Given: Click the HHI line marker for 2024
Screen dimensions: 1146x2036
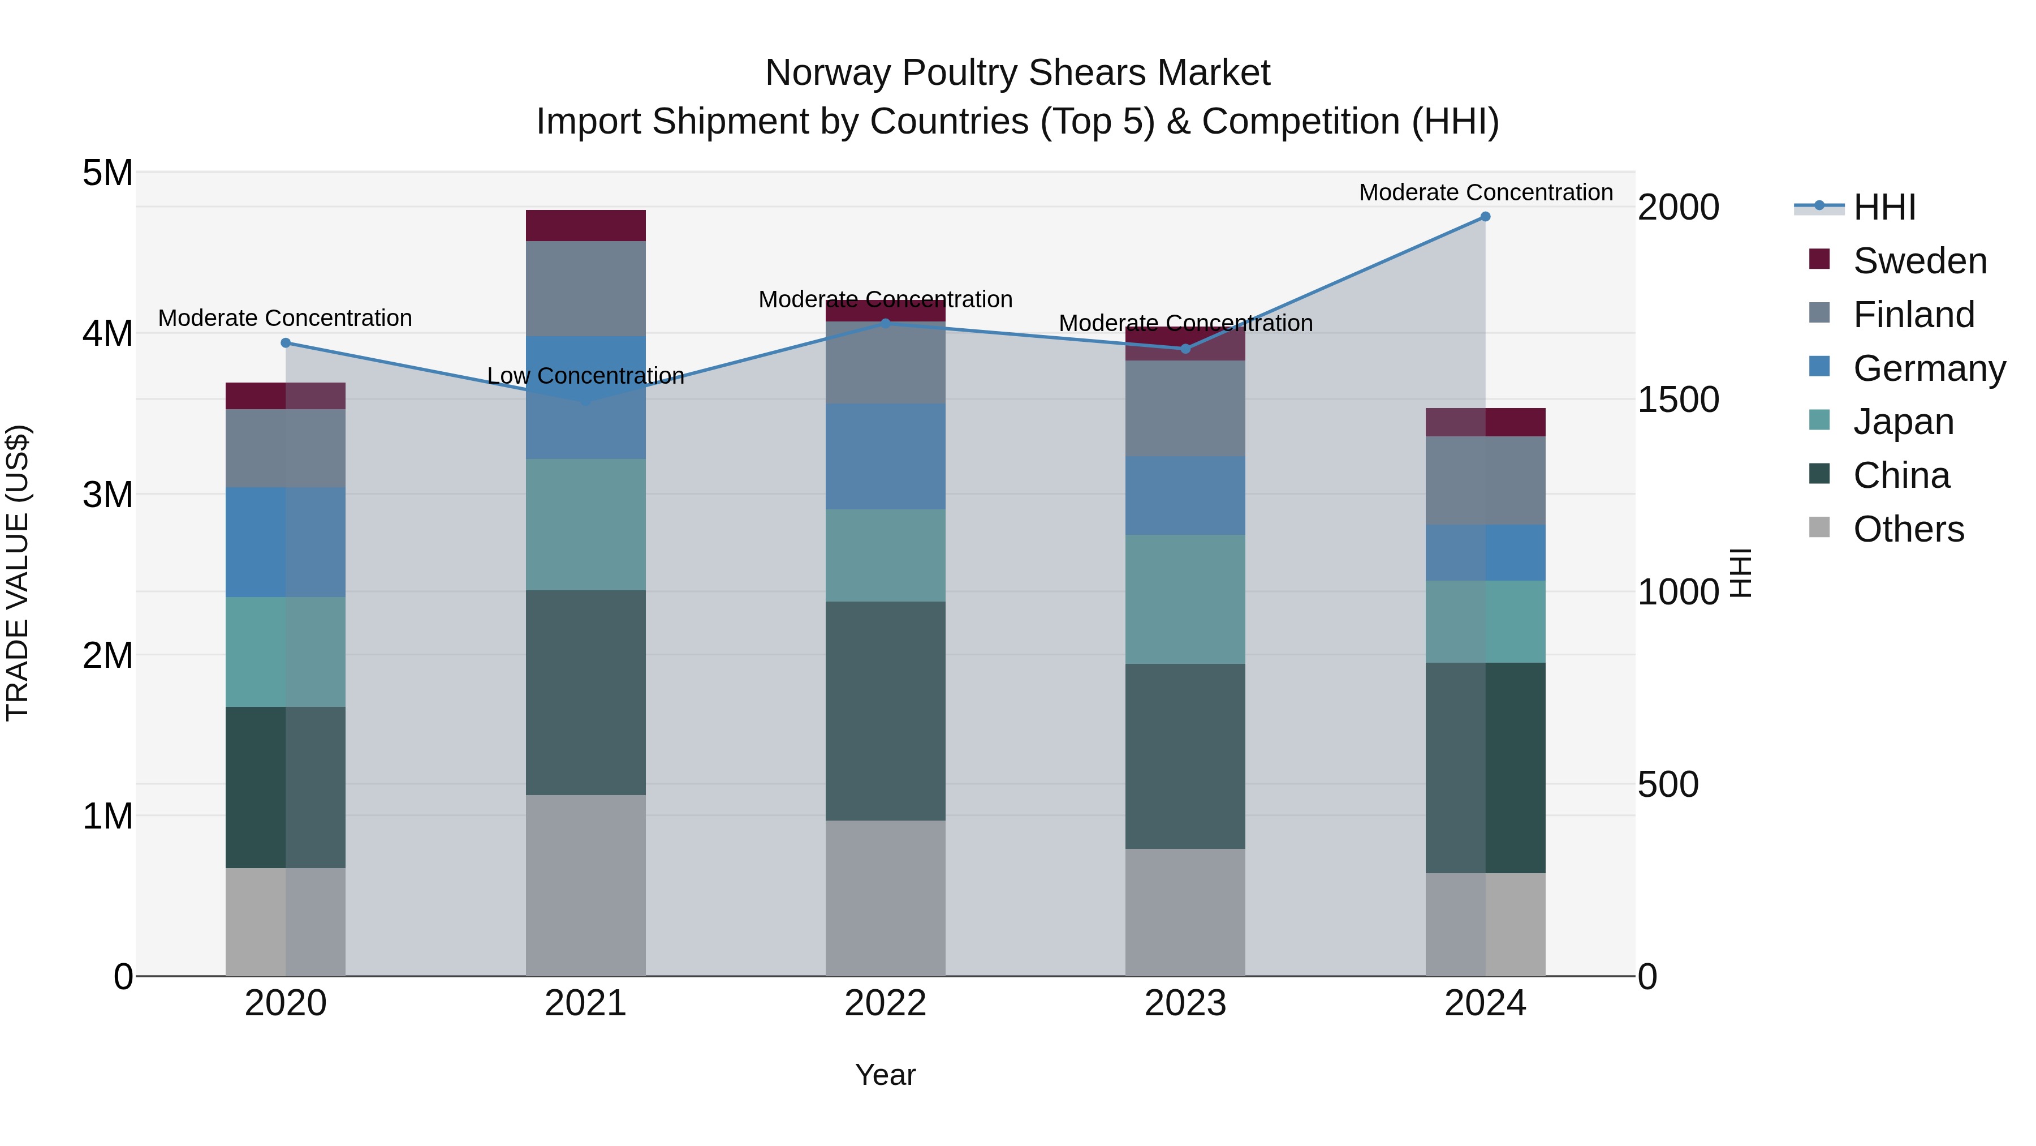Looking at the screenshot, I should click(1485, 217).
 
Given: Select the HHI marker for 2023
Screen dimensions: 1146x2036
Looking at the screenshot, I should click(1185, 349).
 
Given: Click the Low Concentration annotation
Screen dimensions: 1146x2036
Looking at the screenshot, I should click(586, 376).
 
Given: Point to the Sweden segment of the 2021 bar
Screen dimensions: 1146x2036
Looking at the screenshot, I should click(586, 225).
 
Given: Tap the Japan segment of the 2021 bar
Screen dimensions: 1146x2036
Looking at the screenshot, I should click(586, 525).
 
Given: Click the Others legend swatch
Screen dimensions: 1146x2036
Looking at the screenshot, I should click(1819, 527).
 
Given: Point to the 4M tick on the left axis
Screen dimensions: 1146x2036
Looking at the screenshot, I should click(107, 333).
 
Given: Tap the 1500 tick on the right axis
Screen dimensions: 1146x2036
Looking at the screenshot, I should click(1678, 400).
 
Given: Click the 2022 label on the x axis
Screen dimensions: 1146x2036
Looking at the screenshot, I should click(885, 1003).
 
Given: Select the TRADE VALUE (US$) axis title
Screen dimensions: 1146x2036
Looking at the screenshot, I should click(18, 573).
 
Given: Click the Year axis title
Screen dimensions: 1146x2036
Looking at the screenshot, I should click(885, 1075).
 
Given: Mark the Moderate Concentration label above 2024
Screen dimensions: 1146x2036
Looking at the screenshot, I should click(1485, 192).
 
